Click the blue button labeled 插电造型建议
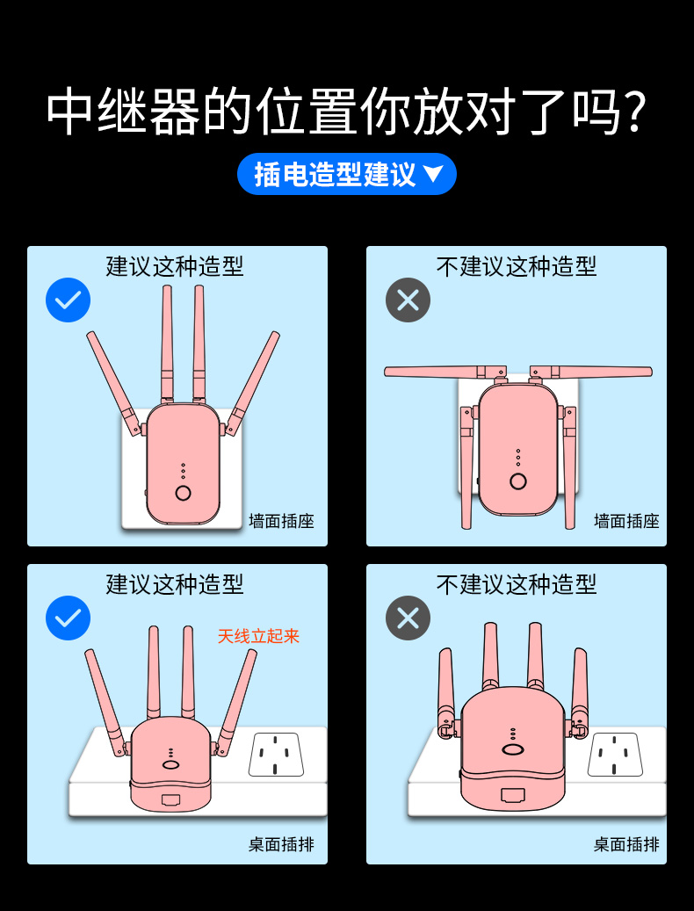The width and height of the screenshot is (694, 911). click(x=346, y=174)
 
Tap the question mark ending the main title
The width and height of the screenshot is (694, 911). click(x=630, y=112)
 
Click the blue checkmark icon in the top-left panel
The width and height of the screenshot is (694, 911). click(x=68, y=300)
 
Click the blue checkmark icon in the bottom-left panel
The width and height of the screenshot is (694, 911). click(x=68, y=618)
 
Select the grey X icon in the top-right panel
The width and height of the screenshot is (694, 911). click(x=408, y=300)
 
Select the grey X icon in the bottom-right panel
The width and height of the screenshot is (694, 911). click(x=408, y=618)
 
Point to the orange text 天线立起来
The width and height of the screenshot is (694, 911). click(x=258, y=636)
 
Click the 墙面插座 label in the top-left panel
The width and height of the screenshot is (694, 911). click(x=281, y=521)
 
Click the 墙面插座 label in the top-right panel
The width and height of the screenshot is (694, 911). click(x=626, y=521)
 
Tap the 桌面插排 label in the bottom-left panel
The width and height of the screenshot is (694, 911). click(x=281, y=844)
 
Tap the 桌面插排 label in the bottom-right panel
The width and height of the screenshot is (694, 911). click(x=626, y=844)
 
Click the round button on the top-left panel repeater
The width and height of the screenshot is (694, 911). click(x=183, y=493)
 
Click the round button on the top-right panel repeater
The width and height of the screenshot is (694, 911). click(x=518, y=481)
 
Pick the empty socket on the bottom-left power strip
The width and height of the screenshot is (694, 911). click(x=276, y=755)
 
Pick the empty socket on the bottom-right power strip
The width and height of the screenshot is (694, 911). click(x=615, y=755)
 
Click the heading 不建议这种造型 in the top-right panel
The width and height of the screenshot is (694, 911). click(x=517, y=266)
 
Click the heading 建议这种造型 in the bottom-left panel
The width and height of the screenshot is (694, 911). click(x=175, y=584)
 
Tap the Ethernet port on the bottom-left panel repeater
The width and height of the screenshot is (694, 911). click(x=171, y=800)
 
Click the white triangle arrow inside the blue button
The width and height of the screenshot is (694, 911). click(x=433, y=174)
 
